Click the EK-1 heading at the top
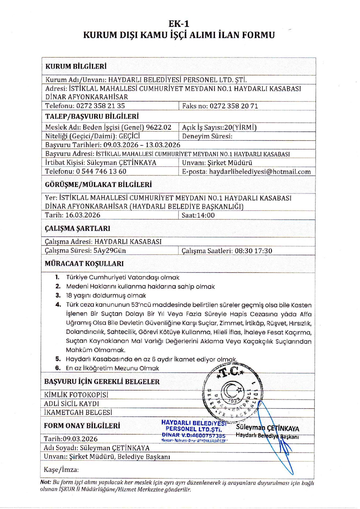(179, 24)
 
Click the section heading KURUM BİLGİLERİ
(76, 66)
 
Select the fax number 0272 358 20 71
(234, 106)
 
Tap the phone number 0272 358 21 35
(100, 106)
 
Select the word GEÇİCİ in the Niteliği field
(129, 136)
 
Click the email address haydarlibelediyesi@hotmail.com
(260, 172)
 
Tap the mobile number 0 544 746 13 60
(101, 172)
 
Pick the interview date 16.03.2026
(83, 215)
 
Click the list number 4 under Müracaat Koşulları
(58, 305)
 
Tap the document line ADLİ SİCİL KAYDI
(72, 404)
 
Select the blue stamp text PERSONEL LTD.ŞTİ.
(194, 429)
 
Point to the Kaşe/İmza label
(61, 470)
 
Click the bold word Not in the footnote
(45, 482)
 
